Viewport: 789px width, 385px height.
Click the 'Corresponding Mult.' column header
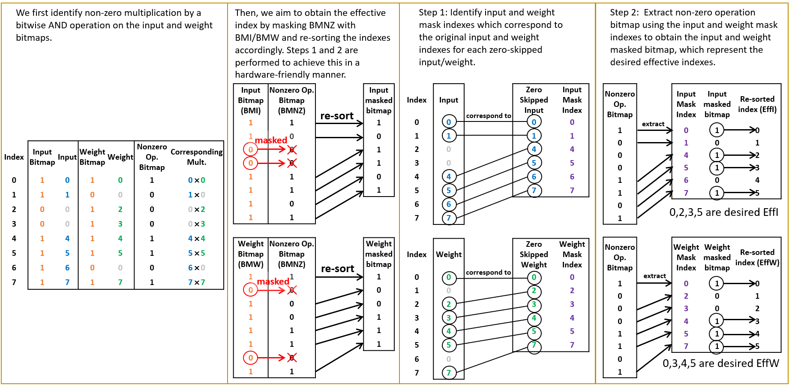(x=196, y=157)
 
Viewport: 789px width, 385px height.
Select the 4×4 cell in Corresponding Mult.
(x=196, y=239)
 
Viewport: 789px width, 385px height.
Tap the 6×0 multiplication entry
(x=196, y=268)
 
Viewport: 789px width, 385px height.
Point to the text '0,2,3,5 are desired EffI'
(x=723, y=212)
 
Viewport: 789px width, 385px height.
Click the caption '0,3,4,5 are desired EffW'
(x=720, y=364)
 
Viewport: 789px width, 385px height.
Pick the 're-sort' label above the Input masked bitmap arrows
(x=337, y=116)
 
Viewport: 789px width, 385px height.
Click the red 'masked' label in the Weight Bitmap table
(x=273, y=282)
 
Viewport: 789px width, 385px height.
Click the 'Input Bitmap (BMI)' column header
(x=251, y=100)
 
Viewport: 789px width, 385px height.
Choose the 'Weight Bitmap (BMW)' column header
(x=251, y=254)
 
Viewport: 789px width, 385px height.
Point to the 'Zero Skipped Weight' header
(x=534, y=255)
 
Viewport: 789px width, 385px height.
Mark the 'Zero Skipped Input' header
(x=534, y=100)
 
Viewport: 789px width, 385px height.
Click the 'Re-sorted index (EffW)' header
(x=757, y=258)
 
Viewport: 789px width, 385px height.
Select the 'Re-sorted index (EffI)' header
(x=757, y=104)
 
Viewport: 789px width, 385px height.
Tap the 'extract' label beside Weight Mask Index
(x=654, y=276)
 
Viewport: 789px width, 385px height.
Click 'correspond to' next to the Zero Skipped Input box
(x=489, y=116)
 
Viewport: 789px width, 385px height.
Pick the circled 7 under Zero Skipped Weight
(x=534, y=346)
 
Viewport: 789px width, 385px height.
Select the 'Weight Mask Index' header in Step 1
(x=572, y=255)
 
